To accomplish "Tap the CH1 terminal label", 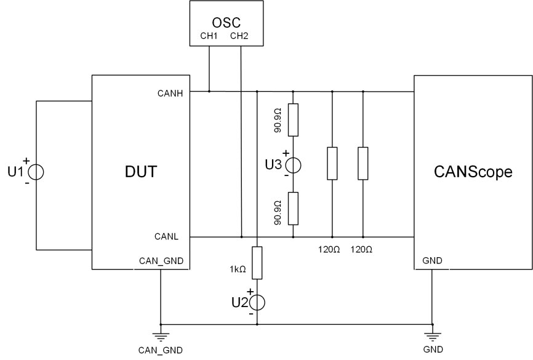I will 209,36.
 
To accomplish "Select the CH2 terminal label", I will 239,36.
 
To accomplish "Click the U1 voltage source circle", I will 36,172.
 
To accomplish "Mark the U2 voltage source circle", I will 257,302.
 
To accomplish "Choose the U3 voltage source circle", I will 293,164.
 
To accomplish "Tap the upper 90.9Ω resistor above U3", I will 293,120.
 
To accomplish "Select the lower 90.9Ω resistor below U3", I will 293,208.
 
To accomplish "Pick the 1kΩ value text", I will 237,269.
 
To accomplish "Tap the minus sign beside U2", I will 250,313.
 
